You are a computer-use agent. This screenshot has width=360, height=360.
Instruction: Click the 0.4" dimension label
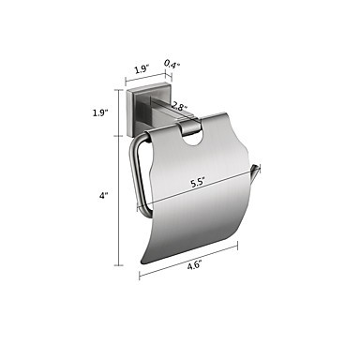point(172,65)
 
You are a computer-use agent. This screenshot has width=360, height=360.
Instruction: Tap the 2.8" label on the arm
point(178,107)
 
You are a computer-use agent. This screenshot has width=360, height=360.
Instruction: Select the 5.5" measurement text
point(198,182)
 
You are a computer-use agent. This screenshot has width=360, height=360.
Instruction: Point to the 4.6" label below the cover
point(194,266)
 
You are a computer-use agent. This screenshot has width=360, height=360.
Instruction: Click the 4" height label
point(103,196)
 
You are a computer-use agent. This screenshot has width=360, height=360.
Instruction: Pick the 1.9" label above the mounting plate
point(142,68)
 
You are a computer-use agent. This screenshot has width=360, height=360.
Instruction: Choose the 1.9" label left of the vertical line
point(100,112)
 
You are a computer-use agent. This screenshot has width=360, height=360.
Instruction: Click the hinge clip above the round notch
point(188,128)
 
